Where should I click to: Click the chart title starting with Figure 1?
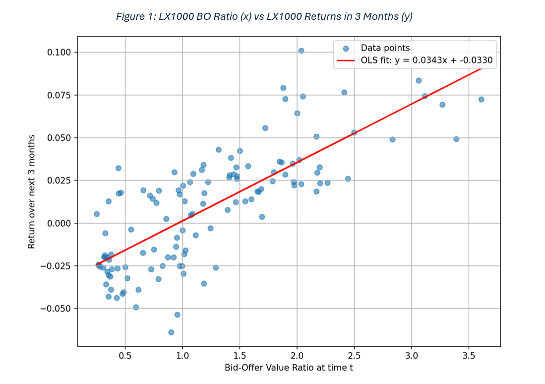(264, 17)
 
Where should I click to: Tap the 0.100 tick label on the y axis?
(60, 52)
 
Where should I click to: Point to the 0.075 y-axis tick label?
(60, 95)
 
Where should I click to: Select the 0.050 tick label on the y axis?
(60, 137)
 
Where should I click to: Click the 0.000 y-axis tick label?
(60, 223)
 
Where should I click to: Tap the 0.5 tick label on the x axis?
(125, 356)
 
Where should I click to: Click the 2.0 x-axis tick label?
(297, 356)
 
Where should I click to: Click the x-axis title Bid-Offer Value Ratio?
(289, 368)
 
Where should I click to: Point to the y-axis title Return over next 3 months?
(32, 192)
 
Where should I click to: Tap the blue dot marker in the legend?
(346, 49)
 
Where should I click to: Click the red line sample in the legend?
(346, 61)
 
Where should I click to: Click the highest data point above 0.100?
(301, 51)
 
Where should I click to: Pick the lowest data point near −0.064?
(171, 332)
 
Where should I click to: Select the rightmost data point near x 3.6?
(481, 99)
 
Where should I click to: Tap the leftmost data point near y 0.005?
(97, 214)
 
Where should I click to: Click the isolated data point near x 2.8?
(392, 139)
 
